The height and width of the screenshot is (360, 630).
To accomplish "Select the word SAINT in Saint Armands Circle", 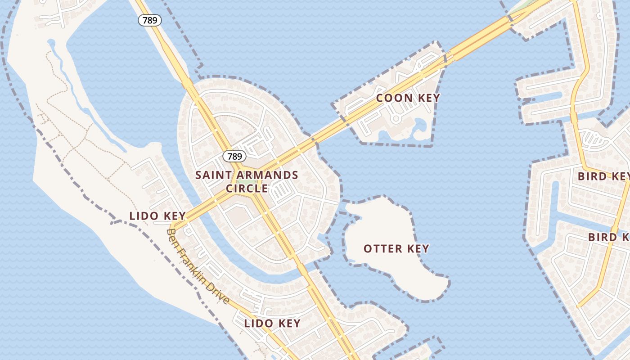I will (212, 175).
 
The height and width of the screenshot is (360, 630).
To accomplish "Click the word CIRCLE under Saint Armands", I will (247, 188).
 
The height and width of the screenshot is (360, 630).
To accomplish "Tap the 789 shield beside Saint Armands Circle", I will (234, 157).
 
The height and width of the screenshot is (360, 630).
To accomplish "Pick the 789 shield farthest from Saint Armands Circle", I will (149, 20).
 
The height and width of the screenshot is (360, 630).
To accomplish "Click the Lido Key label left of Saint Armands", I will (157, 216).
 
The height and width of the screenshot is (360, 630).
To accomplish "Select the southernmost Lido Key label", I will (272, 323).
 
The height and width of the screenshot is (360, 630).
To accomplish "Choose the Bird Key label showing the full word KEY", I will (603, 176).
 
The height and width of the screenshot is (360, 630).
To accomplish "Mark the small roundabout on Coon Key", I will (396, 119).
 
